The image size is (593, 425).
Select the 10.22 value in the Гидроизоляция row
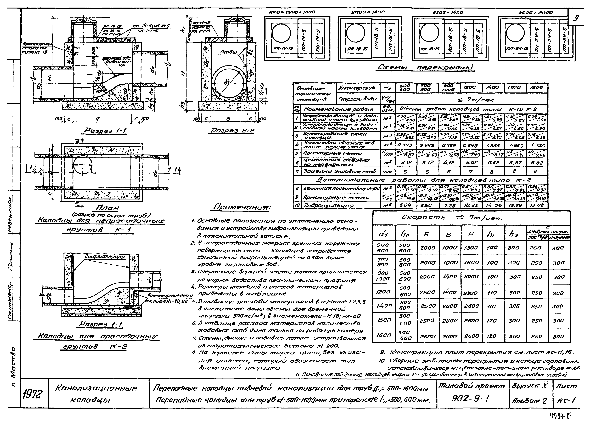[x=471, y=205]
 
